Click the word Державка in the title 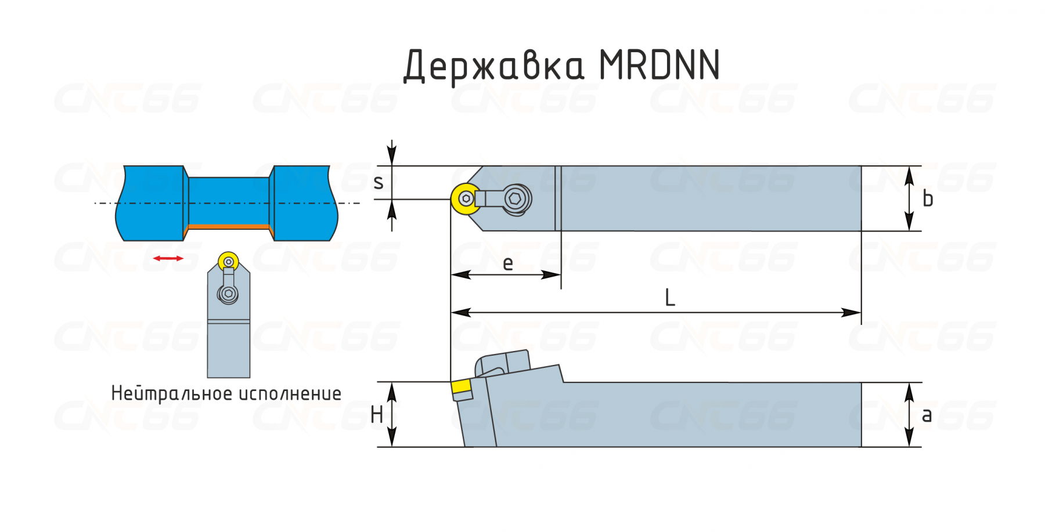[x=493, y=66]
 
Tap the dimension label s [x=379, y=183]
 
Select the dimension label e [x=508, y=263]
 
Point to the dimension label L [x=670, y=298]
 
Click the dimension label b [x=928, y=198]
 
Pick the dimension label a [x=927, y=415]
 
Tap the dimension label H [x=377, y=415]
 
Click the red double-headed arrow [x=168, y=258]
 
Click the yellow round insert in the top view [x=466, y=199]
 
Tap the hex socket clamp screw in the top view [x=516, y=199]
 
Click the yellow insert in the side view [x=462, y=390]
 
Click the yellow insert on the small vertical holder [x=229, y=262]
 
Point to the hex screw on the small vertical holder [x=228, y=294]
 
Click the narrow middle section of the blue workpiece [x=229, y=201]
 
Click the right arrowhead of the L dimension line [x=851, y=313]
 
